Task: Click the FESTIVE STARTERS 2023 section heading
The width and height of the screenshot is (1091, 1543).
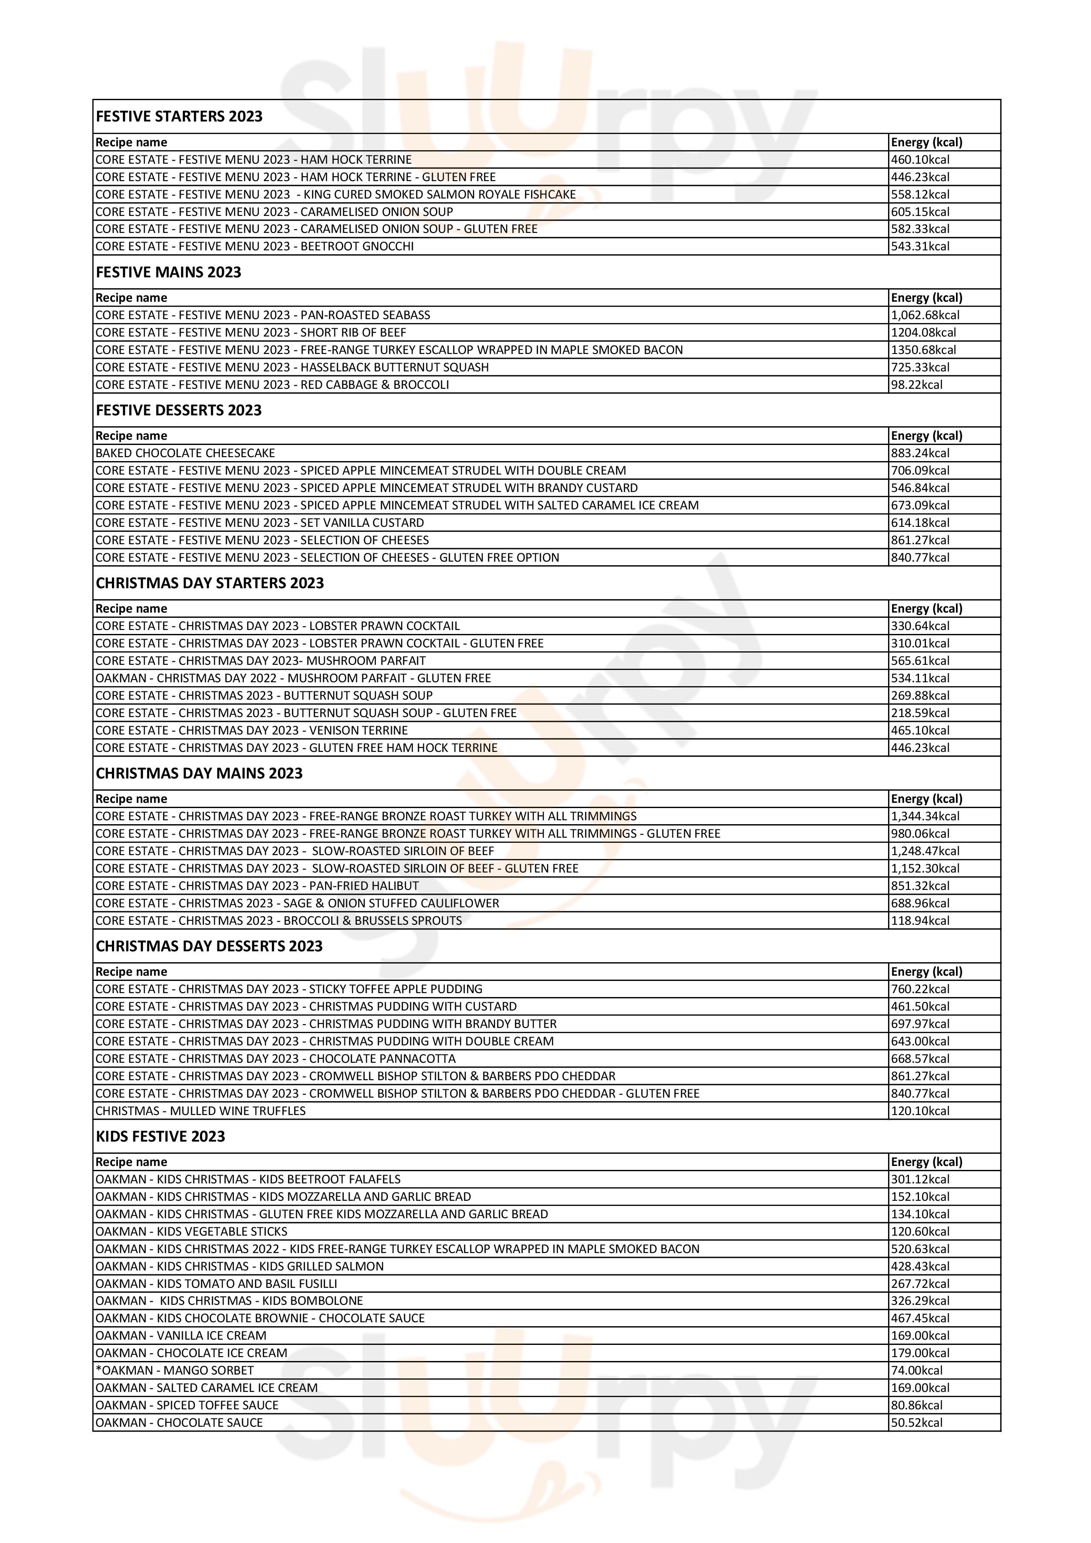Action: tap(179, 116)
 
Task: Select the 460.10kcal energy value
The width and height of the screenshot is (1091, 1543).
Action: tap(920, 160)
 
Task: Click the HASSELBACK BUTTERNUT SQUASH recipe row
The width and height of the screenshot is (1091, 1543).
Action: tap(292, 367)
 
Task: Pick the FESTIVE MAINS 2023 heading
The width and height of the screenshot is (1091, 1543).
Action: tap(168, 272)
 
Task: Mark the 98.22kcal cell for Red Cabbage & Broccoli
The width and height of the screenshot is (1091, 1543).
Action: tap(917, 385)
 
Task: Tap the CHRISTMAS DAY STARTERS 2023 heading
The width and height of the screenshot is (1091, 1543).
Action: tap(210, 583)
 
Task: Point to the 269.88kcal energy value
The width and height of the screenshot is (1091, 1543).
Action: tap(920, 696)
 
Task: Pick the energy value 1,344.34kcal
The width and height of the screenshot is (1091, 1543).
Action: tap(925, 816)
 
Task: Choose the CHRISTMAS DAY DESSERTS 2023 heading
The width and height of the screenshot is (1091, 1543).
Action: tap(209, 946)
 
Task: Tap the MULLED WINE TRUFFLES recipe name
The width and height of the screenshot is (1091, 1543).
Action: tap(200, 1111)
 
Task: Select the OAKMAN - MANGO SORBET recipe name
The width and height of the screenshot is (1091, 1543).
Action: tap(175, 1370)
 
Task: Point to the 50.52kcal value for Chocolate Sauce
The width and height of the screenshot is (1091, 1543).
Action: tap(917, 1423)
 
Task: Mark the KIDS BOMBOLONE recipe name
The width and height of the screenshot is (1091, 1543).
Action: tap(229, 1301)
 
